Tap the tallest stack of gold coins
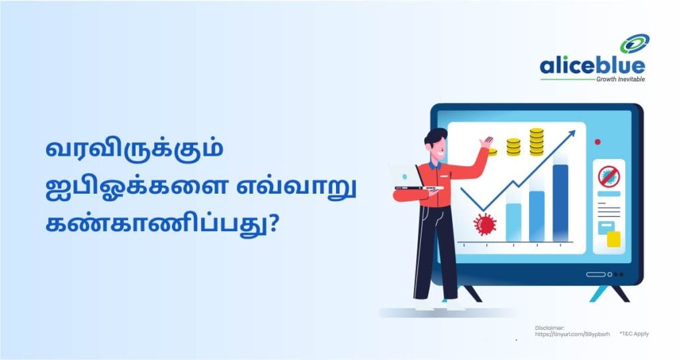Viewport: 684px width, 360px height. [536, 142]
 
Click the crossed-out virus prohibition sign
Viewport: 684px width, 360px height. [609, 176]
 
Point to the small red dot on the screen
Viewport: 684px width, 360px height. [598, 142]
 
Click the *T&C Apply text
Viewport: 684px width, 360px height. [633, 333]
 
